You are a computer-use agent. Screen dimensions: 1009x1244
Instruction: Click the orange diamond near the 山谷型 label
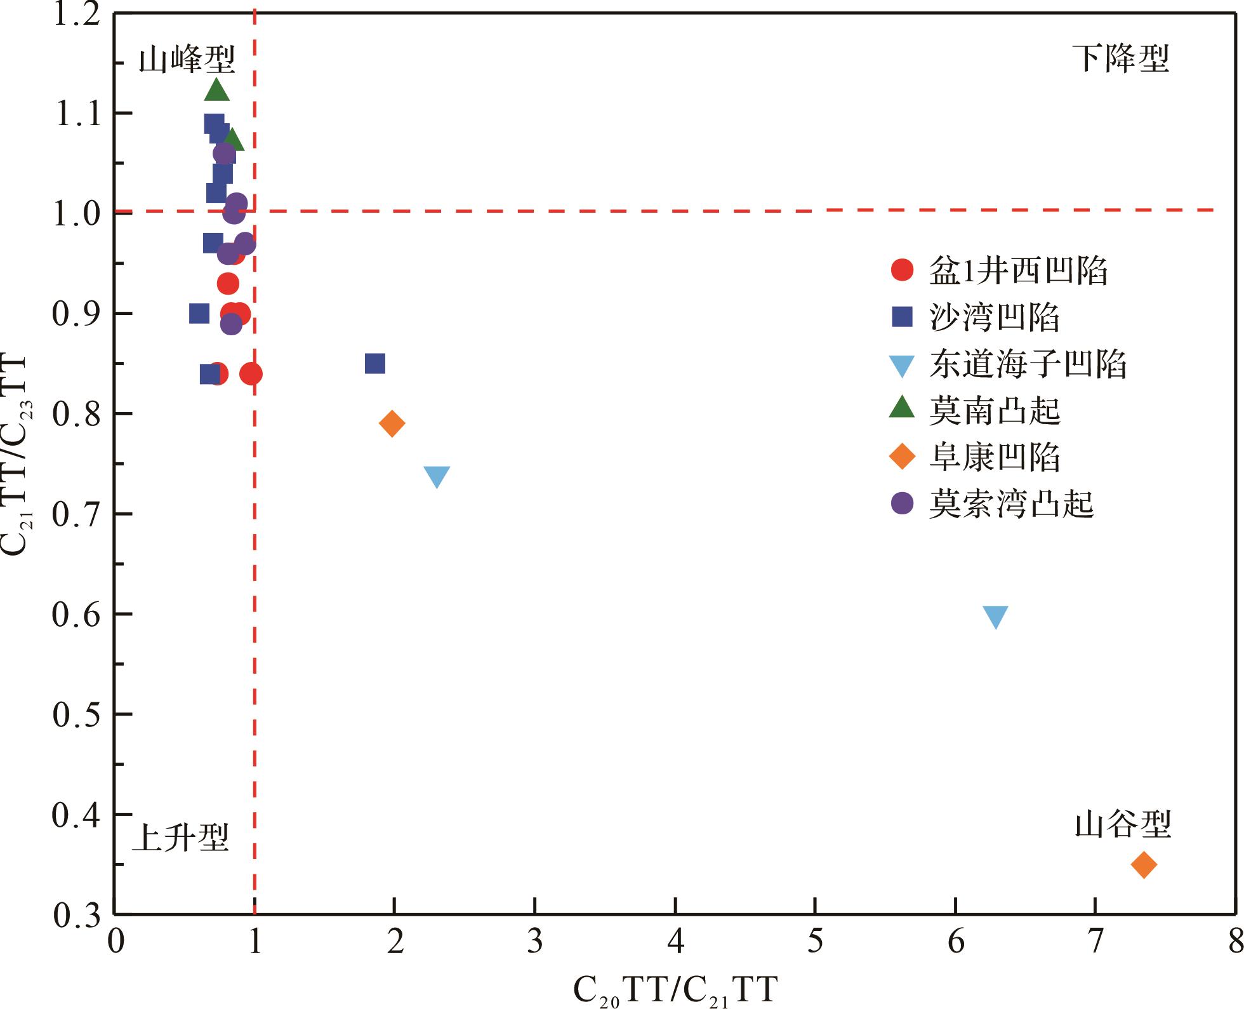(1144, 864)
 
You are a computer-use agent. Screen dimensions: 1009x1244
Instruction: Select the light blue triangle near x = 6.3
(995, 616)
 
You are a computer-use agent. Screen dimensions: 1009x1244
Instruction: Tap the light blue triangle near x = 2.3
(437, 476)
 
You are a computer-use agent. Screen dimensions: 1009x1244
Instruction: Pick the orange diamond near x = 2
(392, 424)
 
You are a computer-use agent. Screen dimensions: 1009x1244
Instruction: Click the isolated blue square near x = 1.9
(375, 364)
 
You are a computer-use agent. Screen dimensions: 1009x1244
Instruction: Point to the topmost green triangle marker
(216, 91)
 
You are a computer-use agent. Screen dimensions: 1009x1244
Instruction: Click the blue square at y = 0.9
(199, 313)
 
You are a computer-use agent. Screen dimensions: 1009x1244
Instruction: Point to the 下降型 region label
(1120, 59)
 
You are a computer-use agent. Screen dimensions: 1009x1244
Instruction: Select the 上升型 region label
(180, 838)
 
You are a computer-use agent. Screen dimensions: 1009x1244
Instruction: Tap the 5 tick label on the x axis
(815, 942)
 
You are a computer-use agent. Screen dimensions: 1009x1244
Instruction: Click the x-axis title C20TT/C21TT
(675, 990)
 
